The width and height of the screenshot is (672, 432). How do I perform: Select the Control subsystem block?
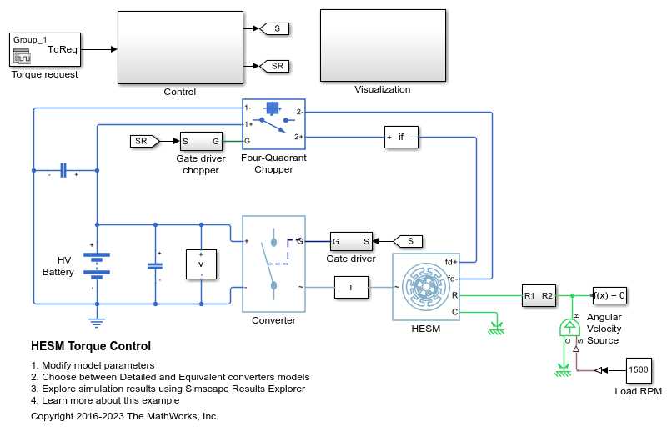tap(179, 48)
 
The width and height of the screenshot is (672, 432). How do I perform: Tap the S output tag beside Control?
tap(275, 28)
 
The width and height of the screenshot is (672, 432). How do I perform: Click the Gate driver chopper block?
tap(201, 141)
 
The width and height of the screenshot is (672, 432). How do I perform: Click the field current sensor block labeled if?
tap(401, 137)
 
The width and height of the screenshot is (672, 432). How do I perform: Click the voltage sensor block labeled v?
tap(201, 264)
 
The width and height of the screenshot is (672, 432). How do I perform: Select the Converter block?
tap(273, 264)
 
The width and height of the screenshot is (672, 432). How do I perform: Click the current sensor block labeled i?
tap(351, 288)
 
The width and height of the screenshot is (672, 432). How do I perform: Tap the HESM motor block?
tap(425, 287)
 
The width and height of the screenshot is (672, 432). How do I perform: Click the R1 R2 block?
tap(539, 294)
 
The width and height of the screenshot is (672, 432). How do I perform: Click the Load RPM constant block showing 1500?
tap(639, 370)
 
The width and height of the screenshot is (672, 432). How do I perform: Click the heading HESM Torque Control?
tap(90, 346)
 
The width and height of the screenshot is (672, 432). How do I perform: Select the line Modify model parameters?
tap(97, 365)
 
